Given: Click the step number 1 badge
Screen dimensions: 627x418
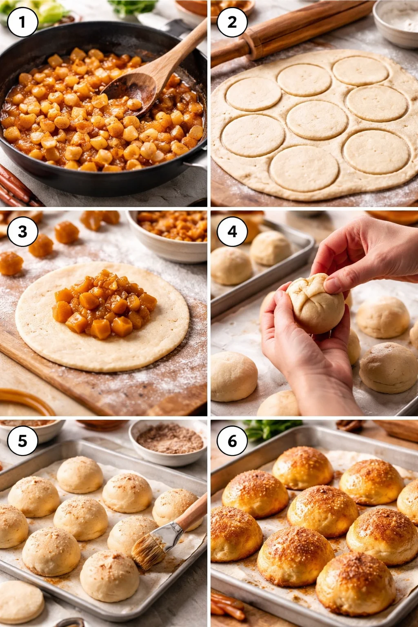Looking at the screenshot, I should click(22, 22).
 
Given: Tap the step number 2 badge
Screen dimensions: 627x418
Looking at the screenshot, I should click(232, 22).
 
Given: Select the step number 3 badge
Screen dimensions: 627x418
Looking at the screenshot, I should click(22, 231).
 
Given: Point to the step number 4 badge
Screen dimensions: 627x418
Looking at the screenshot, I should click(232, 231).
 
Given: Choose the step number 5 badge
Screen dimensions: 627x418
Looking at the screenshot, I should click(22, 441).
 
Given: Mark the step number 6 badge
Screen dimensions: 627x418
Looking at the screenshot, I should click(232, 441).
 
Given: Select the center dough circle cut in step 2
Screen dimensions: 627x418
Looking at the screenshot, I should click(316, 120).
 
